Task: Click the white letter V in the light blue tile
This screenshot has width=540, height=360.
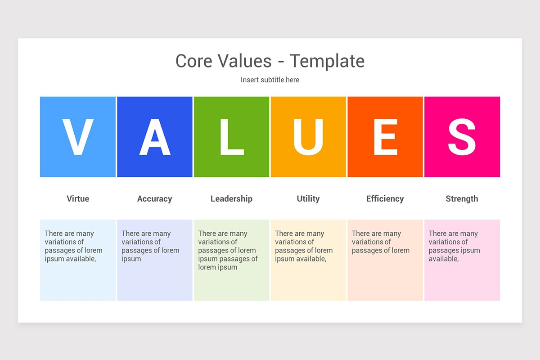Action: [77, 137]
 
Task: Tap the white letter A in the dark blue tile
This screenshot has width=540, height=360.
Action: [154, 137]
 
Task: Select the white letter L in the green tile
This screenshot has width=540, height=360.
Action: [231, 137]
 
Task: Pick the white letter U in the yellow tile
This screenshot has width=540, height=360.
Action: [308, 137]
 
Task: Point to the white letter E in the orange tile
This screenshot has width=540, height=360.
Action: [385, 137]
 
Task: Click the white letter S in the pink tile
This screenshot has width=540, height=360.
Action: [462, 137]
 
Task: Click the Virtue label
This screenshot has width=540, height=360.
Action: [78, 198]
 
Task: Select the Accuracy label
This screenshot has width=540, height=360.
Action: [154, 198]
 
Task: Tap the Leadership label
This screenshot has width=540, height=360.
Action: [231, 198]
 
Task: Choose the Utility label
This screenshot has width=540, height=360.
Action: [308, 198]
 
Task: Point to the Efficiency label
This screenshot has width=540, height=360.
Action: [385, 198]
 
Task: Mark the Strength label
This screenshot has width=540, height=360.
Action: [462, 198]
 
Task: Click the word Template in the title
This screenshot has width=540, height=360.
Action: [327, 61]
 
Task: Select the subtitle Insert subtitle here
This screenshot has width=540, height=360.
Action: [270, 80]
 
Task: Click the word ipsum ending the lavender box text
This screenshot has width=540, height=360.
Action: [131, 259]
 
